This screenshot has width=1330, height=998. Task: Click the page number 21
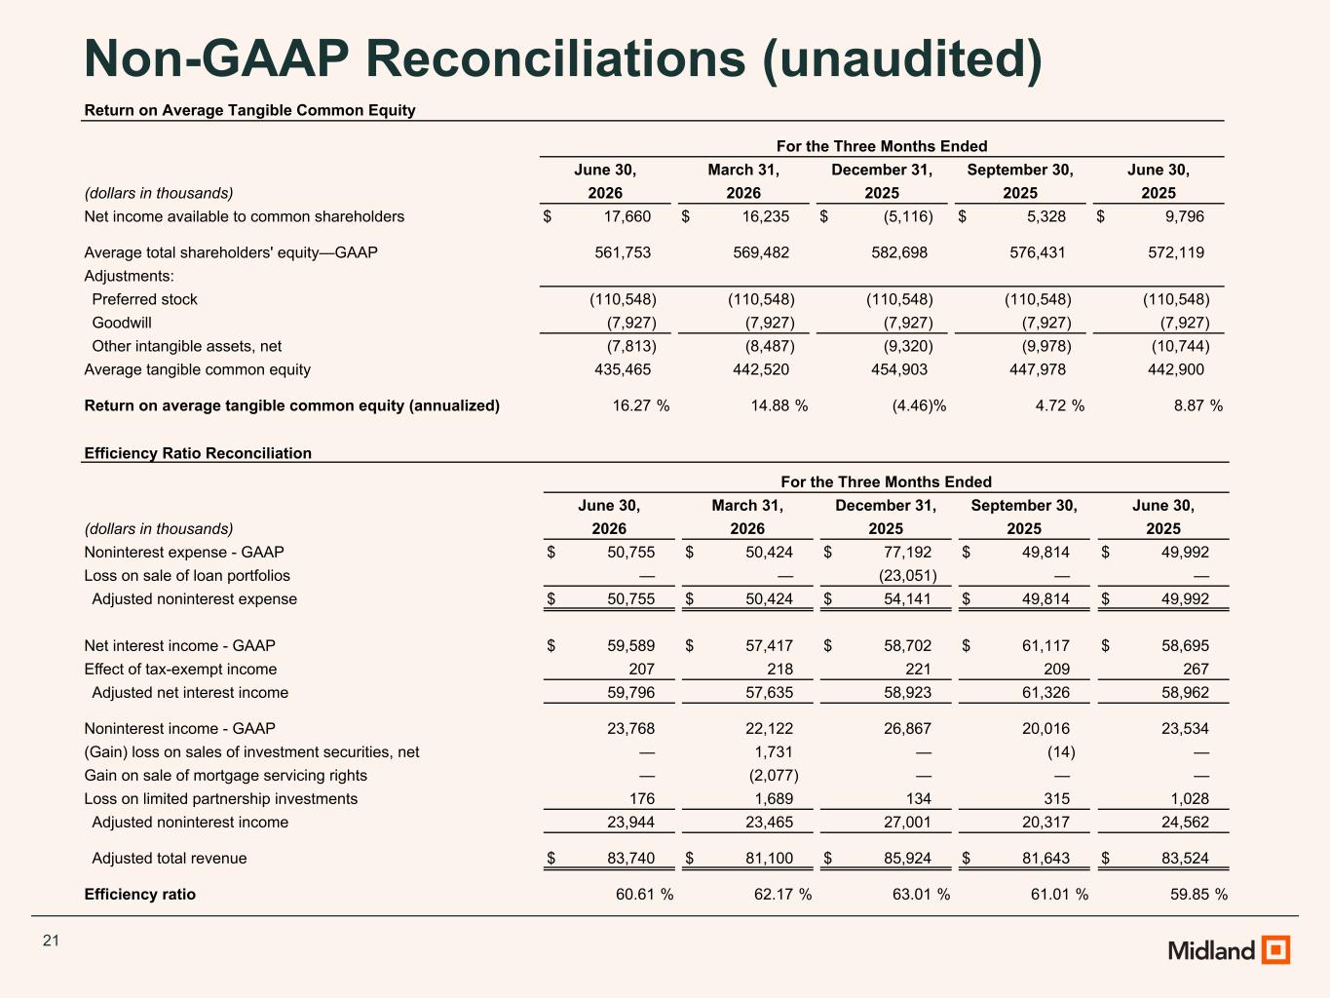pyautogui.click(x=51, y=940)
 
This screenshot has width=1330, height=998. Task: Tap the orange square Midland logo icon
pyautogui.click(x=1275, y=949)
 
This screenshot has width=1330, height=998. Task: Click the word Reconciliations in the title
pyautogui.click(x=555, y=58)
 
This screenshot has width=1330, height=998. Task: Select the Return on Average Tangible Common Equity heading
pyautogui.click(x=249, y=110)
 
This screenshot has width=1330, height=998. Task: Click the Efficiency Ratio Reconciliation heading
pyautogui.click(x=198, y=453)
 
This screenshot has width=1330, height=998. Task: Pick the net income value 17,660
pyautogui.click(x=627, y=216)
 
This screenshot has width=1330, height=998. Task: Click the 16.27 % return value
pyautogui.click(x=641, y=405)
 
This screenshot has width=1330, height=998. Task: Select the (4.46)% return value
pyautogui.click(x=919, y=405)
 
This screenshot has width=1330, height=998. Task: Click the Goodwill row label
pyautogui.click(x=122, y=323)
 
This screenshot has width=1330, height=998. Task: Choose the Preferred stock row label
pyautogui.click(x=145, y=299)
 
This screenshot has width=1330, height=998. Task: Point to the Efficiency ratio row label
pyautogui.click(x=140, y=895)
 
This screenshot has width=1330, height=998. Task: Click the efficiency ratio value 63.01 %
pyautogui.click(x=921, y=895)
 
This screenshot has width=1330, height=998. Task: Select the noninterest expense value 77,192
pyautogui.click(x=908, y=552)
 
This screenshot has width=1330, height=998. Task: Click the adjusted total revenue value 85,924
pyautogui.click(x=908, y=858)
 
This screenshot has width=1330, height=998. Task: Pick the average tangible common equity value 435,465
pyautogui.click(x=623, y=369)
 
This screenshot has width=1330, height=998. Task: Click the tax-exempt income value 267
pyautogui.click(x=1197, y=669)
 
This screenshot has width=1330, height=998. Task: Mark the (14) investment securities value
pyautogui.click(x=1062, y=752)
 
